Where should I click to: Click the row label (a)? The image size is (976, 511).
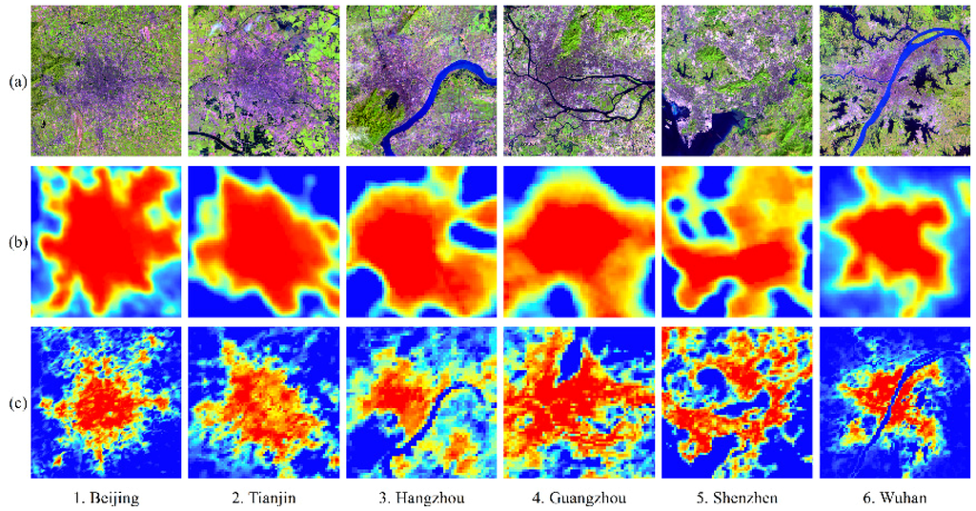(16, 83)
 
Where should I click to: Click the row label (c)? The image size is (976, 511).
(16, 399)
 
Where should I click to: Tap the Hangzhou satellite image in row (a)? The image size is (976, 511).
(419, 82)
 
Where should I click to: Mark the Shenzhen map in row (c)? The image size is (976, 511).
(735, 400)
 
